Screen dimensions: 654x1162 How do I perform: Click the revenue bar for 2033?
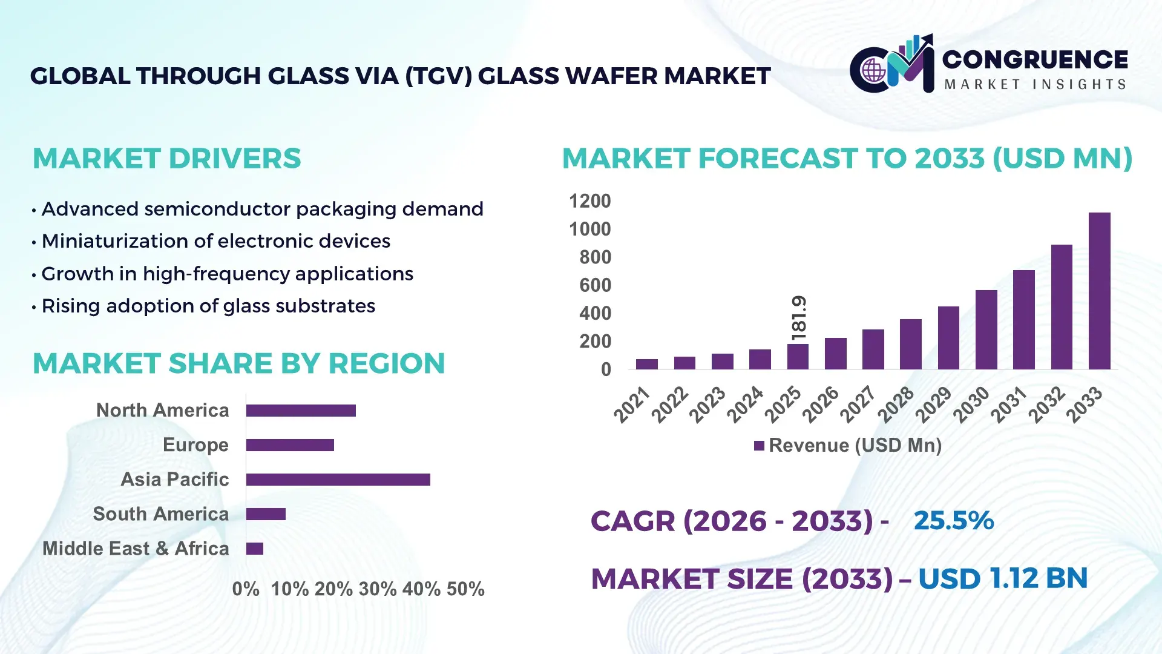click(1099, 291)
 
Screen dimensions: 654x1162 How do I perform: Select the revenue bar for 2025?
click(798, 357)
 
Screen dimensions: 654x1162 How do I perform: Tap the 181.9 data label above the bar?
click(799, 318)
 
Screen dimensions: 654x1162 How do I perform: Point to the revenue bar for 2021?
click(646, 364)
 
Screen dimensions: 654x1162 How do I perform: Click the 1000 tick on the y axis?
click(589, 229)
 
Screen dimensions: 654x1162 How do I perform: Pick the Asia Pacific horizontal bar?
click(338, 480)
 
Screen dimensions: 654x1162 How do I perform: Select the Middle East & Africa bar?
click(255, 549)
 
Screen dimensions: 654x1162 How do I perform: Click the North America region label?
click(162, 410)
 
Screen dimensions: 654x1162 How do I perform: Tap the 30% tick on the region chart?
click(377, 589)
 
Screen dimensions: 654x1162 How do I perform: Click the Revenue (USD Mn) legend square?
click(759, 446)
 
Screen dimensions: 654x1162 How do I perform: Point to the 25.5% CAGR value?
click(953, 521)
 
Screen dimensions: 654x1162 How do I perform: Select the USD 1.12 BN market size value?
click(1002, 578)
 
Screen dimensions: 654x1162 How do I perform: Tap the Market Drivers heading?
click(166, 159)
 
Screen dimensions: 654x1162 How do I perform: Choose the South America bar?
click(266, 514)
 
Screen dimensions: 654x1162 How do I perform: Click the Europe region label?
click(195, 444)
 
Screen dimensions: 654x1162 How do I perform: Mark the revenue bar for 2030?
click(986, 329)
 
